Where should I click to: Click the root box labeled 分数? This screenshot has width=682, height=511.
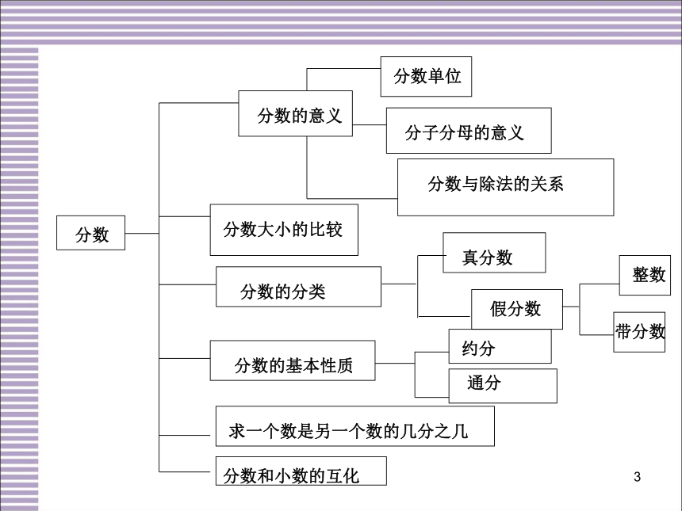pyautogui.click(x=90, y=233)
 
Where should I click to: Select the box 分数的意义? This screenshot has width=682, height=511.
pyautogui.click(x=295, y=113)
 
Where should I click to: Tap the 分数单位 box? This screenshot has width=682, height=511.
pyautogui.click(x=427, y=77)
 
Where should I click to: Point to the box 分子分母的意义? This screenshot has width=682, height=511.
pyautogui.click(x=469, y=131)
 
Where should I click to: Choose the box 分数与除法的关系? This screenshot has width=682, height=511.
pyautogui.click(x=505, y=187)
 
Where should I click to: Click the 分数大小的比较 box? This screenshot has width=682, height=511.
pyautogui.click(x=284, y=230)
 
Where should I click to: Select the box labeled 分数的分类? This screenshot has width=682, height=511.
pyautogui.click(x=298, y=287)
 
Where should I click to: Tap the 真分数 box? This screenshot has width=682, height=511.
pyautogui.click(x=494, y=253)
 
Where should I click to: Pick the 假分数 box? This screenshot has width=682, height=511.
pyautogui.click(x=517, y=310)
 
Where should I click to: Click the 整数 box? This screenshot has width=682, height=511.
pyautogui.click(x=645, y=276)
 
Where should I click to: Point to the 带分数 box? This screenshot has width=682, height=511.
pyautogui.click(x=639, y=332)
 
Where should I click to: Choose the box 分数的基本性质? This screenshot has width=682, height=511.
pyautogui.click(x=293, y=360)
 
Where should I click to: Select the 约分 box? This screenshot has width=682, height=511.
pyautogui.click(x=500, y=346)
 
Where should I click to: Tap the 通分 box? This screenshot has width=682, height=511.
pyautogui.click(x=503, y=386)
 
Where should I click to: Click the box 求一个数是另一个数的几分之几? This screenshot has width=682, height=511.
pyautogui.click(x=355, y=426)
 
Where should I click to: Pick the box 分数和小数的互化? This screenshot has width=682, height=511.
pyautogui.click(x=301, y=471)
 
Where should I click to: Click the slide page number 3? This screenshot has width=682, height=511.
pyautogui.click(x=638, y=477)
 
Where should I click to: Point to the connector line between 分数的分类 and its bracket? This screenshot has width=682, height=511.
pyautogui.click(x=399, y=284)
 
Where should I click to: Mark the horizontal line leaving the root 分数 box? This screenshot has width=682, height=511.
pyautogui.click(x=142, y=234)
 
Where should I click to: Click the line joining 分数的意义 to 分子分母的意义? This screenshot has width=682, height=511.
pyautogui.click(x=370, y=124)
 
